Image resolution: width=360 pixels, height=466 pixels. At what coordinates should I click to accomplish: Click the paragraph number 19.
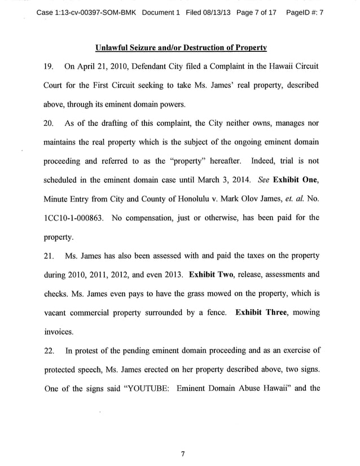pyautogui.click(x=49, y=65)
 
